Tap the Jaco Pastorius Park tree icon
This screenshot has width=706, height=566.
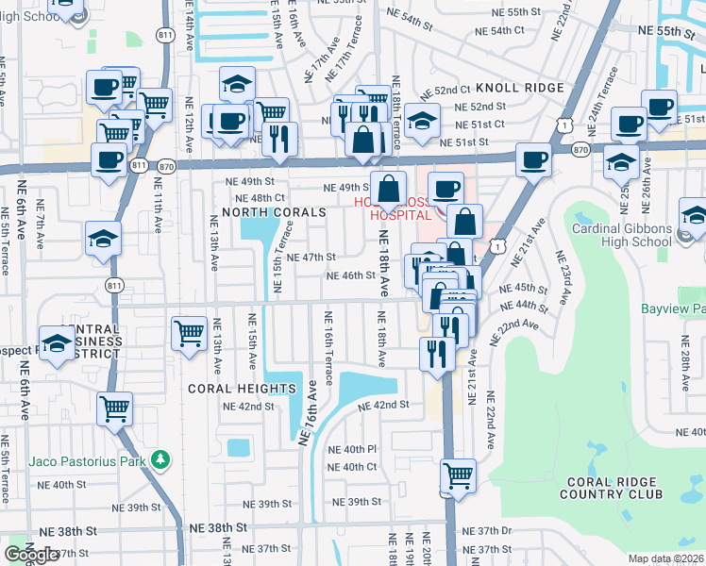coord(161,459)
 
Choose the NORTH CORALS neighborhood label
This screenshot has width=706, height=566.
coord(274,213)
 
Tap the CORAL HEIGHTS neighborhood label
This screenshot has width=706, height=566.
coord(242,389)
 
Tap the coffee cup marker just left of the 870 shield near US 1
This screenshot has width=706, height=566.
coord(533,160)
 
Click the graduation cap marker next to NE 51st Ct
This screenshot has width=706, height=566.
coord(423,122)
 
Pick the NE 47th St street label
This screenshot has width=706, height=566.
coord(311,257)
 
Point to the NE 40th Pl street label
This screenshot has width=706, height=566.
coord(352,449)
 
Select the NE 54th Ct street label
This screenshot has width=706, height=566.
coord(499,30)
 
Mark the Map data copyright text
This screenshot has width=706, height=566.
coord(666,558)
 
